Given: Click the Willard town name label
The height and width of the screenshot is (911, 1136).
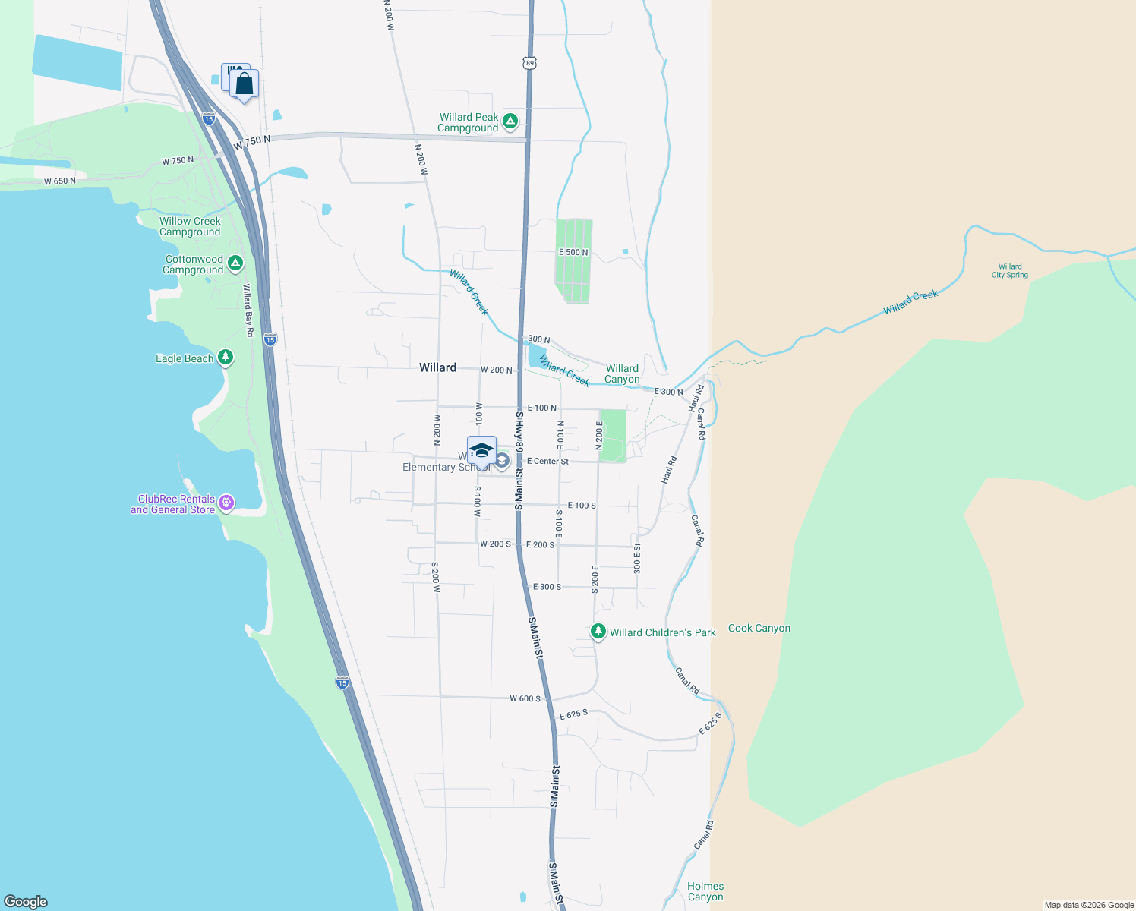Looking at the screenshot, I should pos(438,367).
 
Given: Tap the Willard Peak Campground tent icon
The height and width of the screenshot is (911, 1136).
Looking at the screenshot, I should pos(510,121).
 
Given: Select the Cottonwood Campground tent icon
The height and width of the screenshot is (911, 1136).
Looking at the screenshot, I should pos(235,263).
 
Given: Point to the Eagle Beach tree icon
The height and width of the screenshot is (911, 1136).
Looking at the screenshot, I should pos(226,357).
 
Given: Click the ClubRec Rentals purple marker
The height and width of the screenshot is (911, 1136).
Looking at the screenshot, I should pos(226,503).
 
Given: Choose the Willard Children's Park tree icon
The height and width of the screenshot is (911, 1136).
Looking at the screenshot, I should pos(598,631).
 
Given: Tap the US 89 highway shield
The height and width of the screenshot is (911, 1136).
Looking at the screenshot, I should pos(529,63).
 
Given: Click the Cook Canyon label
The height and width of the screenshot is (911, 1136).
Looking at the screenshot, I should pos(759,629).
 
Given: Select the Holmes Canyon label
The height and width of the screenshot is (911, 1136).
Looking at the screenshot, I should pos(705,891).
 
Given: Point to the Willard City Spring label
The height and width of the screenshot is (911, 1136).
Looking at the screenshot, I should pos(1010,271).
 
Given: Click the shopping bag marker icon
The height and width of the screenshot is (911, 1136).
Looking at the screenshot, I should pos(244,84).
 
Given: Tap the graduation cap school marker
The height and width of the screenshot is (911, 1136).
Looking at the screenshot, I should pos(481,451).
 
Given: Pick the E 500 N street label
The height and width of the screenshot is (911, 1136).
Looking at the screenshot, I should pos(573,252).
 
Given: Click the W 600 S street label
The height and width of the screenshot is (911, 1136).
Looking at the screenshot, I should pos(525,698).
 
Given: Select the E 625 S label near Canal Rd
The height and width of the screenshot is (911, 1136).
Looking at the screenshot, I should pos(710,723).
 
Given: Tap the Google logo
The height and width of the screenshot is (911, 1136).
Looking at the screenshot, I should pos(25,901).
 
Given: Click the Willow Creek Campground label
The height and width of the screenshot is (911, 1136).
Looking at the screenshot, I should pos(190,227).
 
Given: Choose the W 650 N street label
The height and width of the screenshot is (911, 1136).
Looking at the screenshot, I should pos(60,181).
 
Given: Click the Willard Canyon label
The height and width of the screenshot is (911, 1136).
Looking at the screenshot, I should pos(622,374).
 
